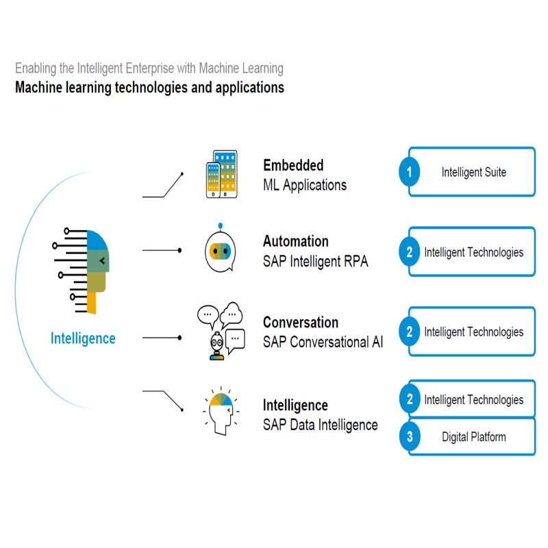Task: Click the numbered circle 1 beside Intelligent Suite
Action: coord(410,172)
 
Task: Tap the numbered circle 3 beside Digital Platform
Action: coord(410,436)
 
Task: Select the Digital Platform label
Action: coord(473,436)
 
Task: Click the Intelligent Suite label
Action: coord(473,172)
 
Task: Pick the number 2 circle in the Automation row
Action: coord(410,252)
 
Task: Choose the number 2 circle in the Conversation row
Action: coord(410,332)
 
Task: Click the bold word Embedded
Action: coord(293,165)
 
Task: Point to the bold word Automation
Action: coord(295,241)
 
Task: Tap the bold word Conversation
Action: coord(300,322)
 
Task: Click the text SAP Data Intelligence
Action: coord(320,425)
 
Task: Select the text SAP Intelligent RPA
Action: coord(315,261)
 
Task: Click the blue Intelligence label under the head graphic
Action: coord(83,338)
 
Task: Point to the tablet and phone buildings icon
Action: coord(221,174)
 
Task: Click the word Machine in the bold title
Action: coord(38,88)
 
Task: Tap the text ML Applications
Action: coord(304,185)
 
